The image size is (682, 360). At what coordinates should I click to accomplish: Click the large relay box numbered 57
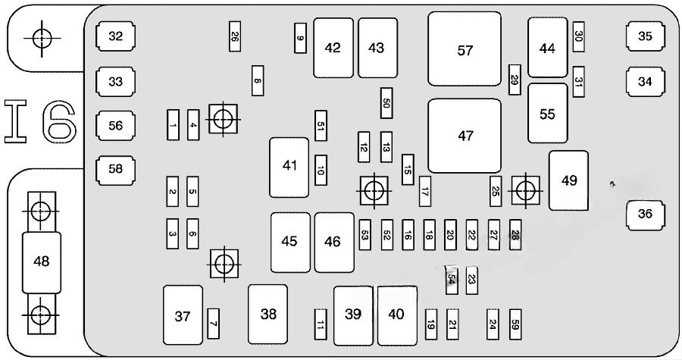click(465, 49)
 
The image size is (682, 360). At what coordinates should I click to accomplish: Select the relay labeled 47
click(465, 136)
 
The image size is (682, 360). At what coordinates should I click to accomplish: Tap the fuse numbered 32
click(115, 36)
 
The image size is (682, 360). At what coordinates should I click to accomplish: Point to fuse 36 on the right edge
click(645, 214)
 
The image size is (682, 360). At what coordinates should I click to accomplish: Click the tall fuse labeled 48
click(42, 261)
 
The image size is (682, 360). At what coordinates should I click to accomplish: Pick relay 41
click(289, 166)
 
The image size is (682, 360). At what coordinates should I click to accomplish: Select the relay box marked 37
click(183, 316)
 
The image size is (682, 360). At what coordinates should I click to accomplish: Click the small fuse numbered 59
click(515, 324)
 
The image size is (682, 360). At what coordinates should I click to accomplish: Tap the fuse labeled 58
click(115, 169)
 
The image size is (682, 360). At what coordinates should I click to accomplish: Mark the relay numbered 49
click(569, 180)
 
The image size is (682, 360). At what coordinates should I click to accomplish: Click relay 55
click(547, 114)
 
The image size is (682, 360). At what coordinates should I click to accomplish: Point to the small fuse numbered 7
click(214, 324)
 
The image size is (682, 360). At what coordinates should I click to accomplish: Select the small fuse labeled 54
click(452, 279)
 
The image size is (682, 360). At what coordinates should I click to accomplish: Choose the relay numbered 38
click(268, 314)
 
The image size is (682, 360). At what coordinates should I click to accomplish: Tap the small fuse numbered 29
click(515, 80)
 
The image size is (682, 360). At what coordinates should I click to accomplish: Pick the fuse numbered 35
click(645, 36)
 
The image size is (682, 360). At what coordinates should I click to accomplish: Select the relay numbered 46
click(333, 242)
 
